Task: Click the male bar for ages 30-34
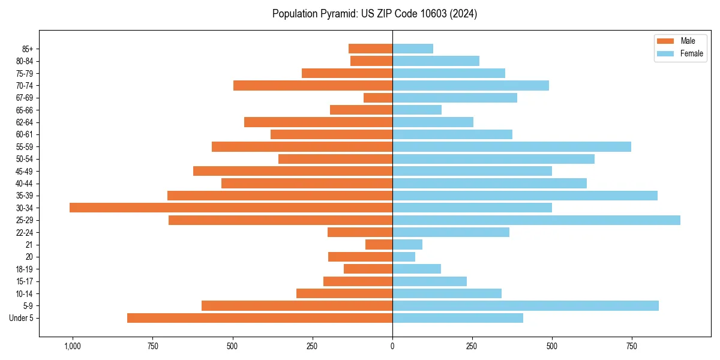[231, 208]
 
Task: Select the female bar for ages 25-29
[536, 220]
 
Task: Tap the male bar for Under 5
[260, 318]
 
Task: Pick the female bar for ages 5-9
[526, 306]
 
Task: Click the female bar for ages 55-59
[512, 147]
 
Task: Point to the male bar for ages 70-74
[313, 86]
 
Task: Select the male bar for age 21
[379, 245]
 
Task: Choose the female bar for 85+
[413, 49]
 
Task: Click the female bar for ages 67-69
[455, 98]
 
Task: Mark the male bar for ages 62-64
[318, 122]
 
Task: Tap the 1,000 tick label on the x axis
[73, 346]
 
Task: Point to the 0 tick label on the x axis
[392, 346]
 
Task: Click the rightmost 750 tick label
[632, 346]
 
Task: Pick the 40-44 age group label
[25, 184]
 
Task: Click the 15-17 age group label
[25, 281]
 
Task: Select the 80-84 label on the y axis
[25, 61]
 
